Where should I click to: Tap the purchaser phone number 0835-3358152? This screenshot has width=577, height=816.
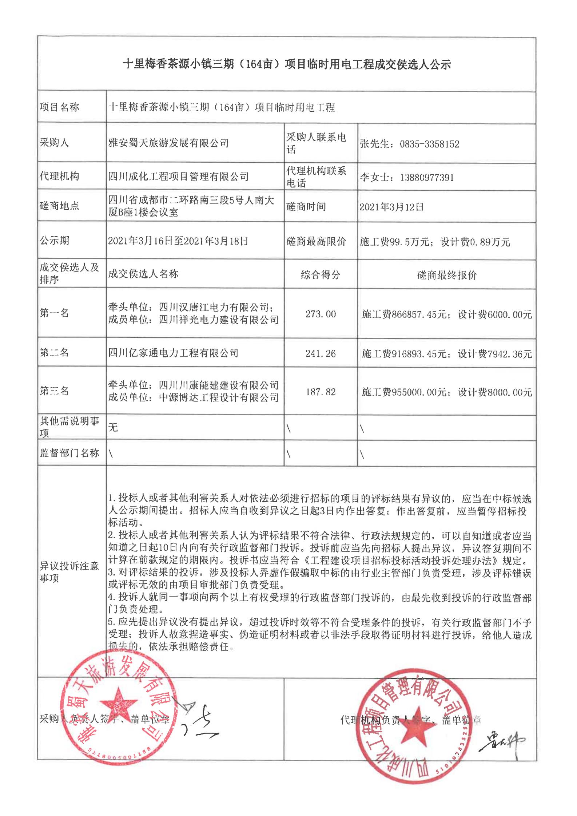point(429,144)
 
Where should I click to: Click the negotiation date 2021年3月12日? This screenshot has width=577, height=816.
point(391,207)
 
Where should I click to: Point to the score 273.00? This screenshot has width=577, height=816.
point(321,314)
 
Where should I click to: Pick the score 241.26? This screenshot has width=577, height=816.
point(321,353)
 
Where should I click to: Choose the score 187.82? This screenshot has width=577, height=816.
point(321,392)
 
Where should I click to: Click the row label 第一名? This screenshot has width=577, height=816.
point(54,313)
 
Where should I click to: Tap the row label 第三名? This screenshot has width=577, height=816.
point(54,391)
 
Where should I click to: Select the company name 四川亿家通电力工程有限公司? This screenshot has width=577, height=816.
point(174,353)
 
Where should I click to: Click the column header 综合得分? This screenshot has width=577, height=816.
point(321,275)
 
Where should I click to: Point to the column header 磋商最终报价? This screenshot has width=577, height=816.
point(447,275)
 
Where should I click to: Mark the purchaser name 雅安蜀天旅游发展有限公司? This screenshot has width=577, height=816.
point(168,143)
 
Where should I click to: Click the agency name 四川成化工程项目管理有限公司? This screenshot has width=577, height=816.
point(178,177)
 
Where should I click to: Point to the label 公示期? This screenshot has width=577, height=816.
point(54,241)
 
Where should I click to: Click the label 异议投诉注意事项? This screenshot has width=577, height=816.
point(69,572)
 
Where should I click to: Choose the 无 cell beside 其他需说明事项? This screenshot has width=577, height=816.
point(113,427)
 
